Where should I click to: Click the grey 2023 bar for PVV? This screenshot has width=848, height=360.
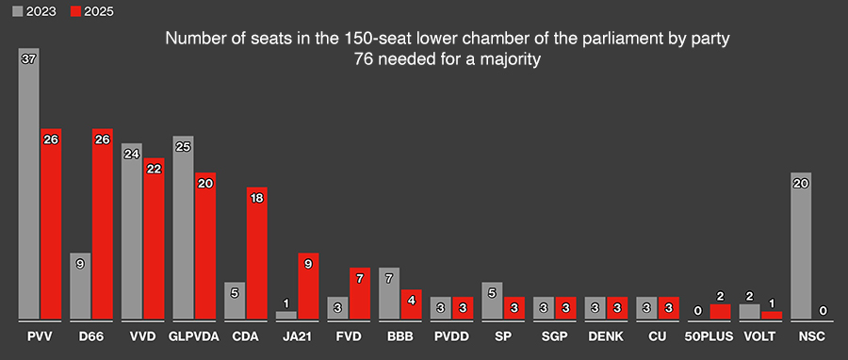pos(29,184)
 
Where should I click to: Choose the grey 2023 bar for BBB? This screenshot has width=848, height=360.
pos(389,293)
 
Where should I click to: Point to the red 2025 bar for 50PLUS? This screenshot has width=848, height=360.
pos(720,311)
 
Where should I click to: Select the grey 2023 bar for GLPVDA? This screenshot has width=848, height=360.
pos(184,227)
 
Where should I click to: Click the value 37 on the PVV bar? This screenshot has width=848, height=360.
pos(29,58)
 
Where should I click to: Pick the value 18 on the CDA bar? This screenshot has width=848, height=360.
pos(256,197)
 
